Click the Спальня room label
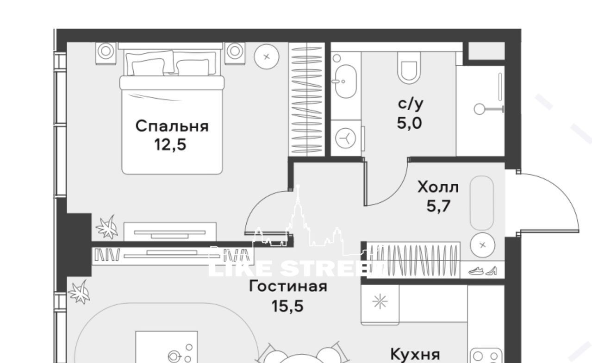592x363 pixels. (x=172, y=126)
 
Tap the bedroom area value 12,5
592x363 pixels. (x=170, y=145)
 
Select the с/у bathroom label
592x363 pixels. (x=411, y=104)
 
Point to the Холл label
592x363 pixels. (x=438, y=188)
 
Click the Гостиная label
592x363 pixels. (x=288, y=286)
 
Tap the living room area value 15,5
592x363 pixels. (x=287, y=306)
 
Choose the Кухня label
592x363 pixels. (x=415, y=354)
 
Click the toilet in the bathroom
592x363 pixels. (x=409, y=68)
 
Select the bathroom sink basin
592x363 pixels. (x=346, y=81)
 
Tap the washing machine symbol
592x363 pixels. (x=345, y=138)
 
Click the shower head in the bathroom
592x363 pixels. (x=479, y=109)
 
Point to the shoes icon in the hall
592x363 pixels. (x=483, y=271)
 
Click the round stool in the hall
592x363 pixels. (x=483, y=245)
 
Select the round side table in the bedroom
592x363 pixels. (x=267, y=56)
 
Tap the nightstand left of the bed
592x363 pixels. (x=106, y=53)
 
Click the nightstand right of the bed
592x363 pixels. (x=235, y=53)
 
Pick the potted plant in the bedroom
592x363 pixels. (x=107, y=227)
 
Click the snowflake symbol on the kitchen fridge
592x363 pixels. (x=380, y=301)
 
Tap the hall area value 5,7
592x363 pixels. (x=438, y=206)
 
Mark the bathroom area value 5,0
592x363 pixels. (x=409, y=123)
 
